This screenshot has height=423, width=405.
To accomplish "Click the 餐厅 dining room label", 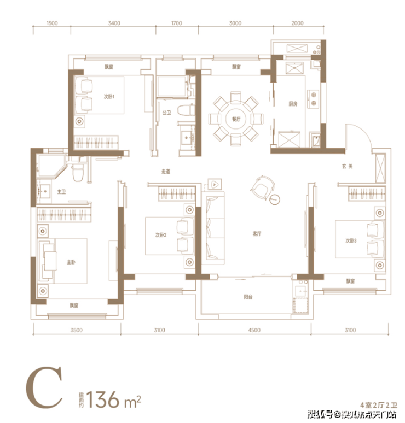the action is click(x=236, y=119).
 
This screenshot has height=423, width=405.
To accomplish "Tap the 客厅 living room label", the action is click(x=257, y=233).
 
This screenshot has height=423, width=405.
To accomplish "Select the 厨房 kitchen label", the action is click(x=293, y=104).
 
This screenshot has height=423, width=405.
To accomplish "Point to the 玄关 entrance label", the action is click(x=347, y=166).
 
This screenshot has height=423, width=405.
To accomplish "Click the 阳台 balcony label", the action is click(x=248, y=297).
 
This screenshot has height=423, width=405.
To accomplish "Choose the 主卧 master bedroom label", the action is click(x=71, y=262).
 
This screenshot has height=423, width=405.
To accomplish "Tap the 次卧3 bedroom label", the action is click(x=351, y=240).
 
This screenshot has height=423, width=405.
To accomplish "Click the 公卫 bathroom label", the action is click(x=167, y=113).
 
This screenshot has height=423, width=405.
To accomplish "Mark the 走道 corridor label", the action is click(x=166, y=171).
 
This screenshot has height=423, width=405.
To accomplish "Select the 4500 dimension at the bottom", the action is click(x=254, y=330).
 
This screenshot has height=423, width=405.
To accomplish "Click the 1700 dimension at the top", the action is click(x=176, y=23).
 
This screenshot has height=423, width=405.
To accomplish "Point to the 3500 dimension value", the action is click(x=77, y=330).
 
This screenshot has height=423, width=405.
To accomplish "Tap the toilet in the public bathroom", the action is click(x=186, y=110).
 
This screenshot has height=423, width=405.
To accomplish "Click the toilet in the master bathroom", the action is click(x=78, y=172).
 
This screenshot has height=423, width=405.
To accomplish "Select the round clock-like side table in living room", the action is click(x=275, y=199).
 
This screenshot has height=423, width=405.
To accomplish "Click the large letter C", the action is click(x=44, y=387).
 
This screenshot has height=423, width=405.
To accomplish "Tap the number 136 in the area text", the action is click(x=103, y=399).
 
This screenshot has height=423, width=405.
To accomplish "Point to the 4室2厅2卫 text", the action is click(x=378, y=405).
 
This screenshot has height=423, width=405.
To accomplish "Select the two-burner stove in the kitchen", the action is click(x=314, y=99).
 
